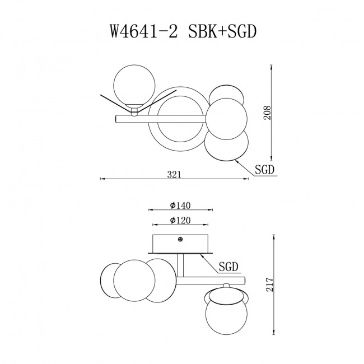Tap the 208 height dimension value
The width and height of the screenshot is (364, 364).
tap(267, 113)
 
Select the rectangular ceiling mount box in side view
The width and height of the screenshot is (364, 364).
tap(180, 244)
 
